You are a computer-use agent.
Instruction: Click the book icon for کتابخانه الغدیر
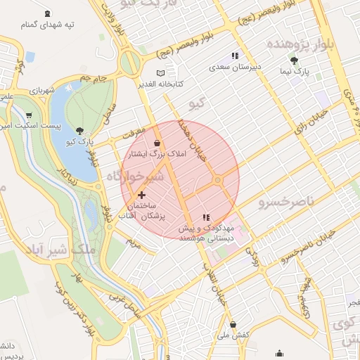coord(161,72)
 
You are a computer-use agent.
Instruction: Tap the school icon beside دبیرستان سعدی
coord(235,56)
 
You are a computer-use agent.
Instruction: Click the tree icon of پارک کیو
coord(79,130)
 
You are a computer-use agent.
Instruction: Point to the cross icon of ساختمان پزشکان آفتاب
coord(142,195)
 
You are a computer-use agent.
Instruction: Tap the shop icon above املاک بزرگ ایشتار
coord(155,143)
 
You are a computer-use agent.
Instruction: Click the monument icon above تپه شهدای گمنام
coord(47,13)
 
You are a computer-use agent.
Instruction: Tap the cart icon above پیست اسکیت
coord(29,115)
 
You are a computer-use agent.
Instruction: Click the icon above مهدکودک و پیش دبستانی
coord(206,217)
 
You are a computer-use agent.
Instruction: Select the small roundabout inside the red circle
coord(218,181)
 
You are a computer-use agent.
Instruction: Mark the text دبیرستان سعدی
coord(235,67)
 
